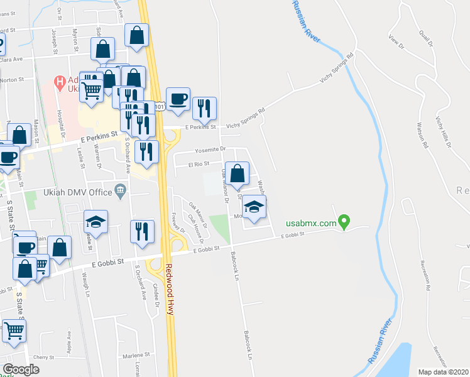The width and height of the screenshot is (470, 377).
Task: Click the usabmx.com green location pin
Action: [x=343, y=222]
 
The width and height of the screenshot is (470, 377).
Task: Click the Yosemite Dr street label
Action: [x=210, y=150]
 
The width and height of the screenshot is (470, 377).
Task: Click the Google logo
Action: [x=21, y=369]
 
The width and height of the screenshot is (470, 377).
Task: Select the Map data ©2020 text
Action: [x=443, y=372]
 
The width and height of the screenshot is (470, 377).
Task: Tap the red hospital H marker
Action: [x=60, y=81]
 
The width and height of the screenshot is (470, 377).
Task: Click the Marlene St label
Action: [x=137, y=354]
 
